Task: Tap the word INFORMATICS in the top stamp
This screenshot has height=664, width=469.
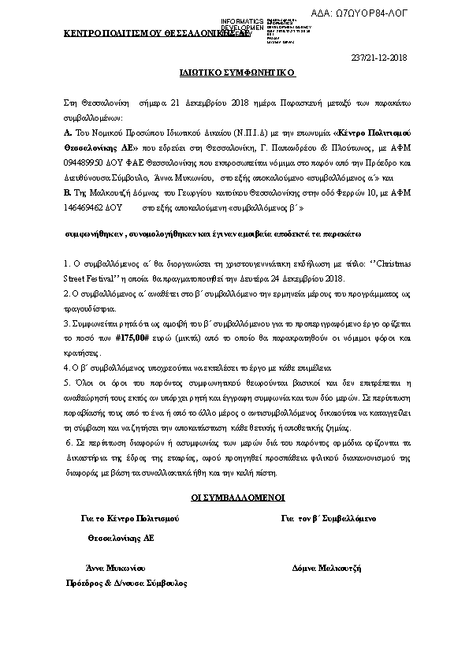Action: click(x=242, y=20)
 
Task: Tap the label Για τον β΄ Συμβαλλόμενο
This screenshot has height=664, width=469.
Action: click(x=328, y=518)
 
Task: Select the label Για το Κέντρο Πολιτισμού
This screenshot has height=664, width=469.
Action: click(x=130, y=518)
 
